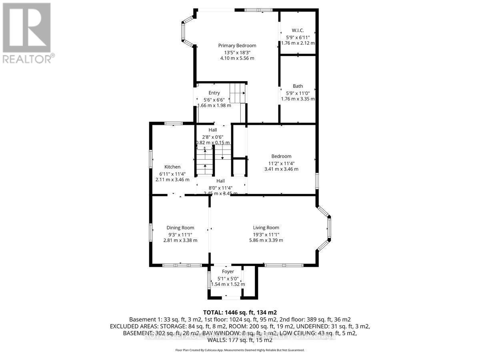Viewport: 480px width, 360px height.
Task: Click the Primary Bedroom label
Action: coord(237,46)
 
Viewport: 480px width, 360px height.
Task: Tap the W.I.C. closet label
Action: coord(298,30)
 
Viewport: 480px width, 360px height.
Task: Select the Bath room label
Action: coord(298,86)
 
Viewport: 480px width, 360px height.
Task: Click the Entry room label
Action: coord(214,93)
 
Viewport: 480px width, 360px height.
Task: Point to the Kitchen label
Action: coord(172,167)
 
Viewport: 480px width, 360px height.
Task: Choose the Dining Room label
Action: coord(180,228)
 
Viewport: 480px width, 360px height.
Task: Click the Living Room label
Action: coord(266,228)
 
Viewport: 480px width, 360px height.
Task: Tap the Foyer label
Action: coord(228,272)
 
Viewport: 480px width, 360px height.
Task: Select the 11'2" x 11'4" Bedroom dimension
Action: coord(281,163)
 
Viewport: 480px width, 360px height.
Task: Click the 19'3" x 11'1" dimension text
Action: coord(266,234)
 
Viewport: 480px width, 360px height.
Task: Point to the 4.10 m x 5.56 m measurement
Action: coord(237,58)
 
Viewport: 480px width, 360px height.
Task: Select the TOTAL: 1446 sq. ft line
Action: coord(240,312)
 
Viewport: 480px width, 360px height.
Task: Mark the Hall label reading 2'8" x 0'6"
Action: coord(212,136)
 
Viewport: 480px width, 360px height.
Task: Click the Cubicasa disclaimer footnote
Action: coord(240,350)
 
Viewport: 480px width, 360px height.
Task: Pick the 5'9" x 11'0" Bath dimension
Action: coord(298,92)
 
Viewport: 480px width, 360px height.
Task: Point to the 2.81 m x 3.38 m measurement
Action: coord(180,240)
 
